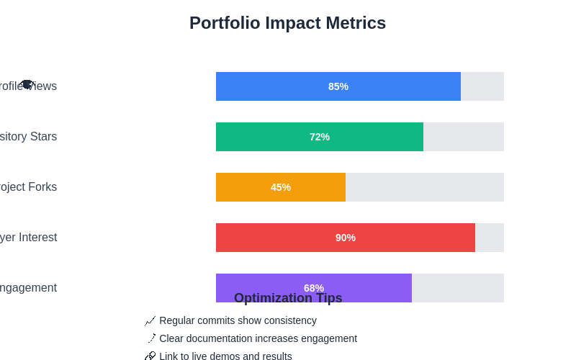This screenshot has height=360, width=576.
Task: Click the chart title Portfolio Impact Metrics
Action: click(x=287, y=23)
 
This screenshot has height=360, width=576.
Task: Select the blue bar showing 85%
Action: click(x=288, y=86)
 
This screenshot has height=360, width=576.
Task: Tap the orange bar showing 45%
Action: click(x=245, y=187)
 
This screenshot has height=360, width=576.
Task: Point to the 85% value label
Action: click(x=338, y=86)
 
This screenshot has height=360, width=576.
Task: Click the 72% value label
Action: click(x=320, y=137)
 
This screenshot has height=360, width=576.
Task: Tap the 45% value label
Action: click(x=281, y=187)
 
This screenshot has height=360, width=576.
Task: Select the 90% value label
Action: click(x=346, y=238)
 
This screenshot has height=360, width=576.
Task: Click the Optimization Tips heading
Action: click(x=288, y=298)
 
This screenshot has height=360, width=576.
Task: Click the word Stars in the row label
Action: click(x=43, y=137)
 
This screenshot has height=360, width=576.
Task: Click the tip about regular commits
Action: click(x=238, y=320)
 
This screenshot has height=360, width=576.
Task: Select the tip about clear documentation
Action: click(x=258, y=338)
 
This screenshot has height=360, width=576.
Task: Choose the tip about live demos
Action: click(x=225, y=356)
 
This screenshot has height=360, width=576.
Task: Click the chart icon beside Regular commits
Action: click(x=150, y=320)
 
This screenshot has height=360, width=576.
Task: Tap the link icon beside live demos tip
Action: click(x=150, y=356)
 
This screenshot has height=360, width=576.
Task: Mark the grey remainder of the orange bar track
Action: click(x=425, y=187)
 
